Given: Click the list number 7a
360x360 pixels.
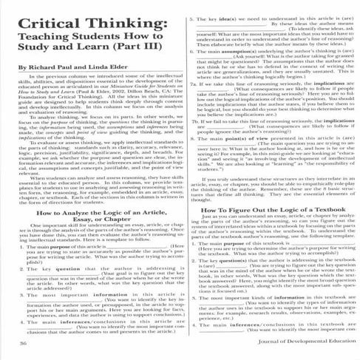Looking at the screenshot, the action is (193, 84).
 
